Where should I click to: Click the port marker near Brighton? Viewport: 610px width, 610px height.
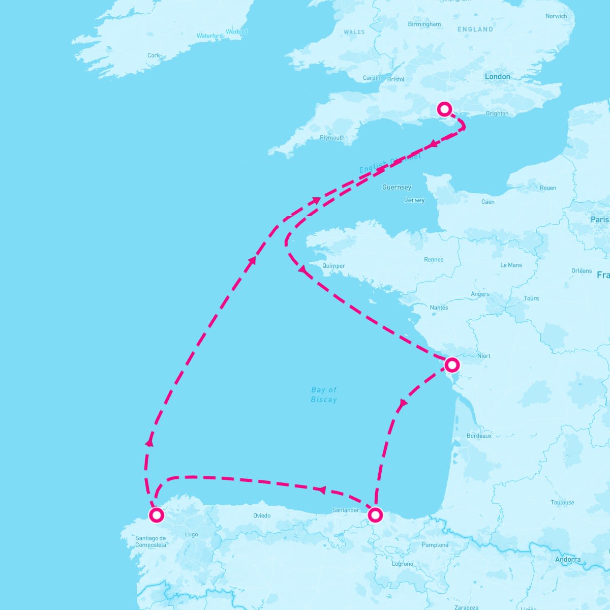[x=445, y=109]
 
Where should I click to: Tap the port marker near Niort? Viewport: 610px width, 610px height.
[x=451, y=364]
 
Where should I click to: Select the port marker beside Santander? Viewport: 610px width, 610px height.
[x=375, y=514]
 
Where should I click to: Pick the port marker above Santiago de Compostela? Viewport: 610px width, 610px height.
[x=157, y=515]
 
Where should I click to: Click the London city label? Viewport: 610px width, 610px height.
[x=497, y=76]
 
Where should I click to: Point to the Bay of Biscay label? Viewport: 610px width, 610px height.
[x=324, y=394]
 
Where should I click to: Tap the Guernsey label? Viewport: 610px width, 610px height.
[x=396, y=187]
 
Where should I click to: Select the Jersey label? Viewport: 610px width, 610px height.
[x=414, y=200]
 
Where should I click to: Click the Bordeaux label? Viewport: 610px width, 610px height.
[x=479, y=436]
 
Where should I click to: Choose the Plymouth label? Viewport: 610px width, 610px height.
[x=332, y=138]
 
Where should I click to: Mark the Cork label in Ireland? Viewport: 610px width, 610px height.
[x=154, y=55]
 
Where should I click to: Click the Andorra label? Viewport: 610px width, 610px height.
[x=568, y=559]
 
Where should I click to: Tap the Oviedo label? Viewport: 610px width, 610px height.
[x=262, y=515]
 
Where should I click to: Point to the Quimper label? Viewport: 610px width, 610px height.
[x=333, y=266]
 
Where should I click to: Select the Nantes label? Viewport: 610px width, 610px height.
[x=439, y=308]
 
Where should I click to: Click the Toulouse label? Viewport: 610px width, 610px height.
[x=562, y=502]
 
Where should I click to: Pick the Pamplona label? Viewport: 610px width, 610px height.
[x=435, y=545]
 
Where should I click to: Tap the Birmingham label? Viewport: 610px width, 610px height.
[x=424, y=24]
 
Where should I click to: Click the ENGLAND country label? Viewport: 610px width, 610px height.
[x=475, y=29]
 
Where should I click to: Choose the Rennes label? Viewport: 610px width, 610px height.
[x=434, y=259]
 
